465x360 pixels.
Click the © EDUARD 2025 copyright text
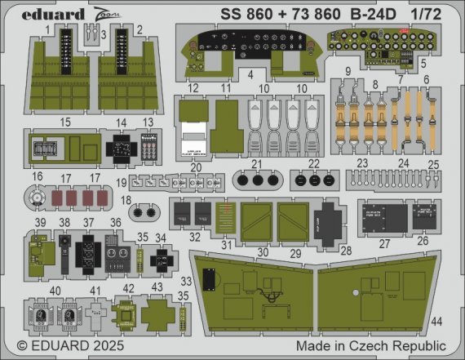pos(62,347)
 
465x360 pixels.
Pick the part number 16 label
pos(38,176)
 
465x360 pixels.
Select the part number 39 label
pos(38,222)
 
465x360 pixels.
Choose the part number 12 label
pos(193,87)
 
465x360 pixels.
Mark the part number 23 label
pos(361,162)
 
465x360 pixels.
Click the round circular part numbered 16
pos(38,198)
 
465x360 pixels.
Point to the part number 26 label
pos(422,242)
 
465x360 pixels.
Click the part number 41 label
pos(95,290)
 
